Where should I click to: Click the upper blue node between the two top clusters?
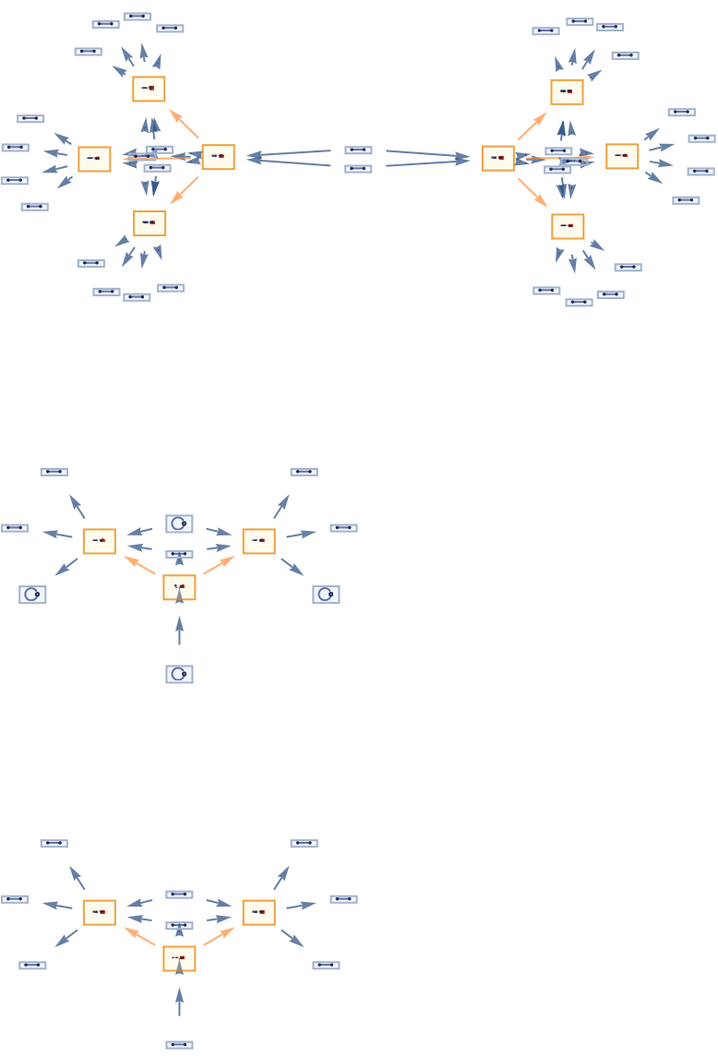pos(358,150)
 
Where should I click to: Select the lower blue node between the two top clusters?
pos(358,169)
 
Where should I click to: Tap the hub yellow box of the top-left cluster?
pos(218,157)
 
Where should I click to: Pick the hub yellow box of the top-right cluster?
pos(497,158)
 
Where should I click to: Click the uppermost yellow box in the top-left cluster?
pos(149,89)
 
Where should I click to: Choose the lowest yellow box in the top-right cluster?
pos(568,226)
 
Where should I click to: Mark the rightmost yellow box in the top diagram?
pos(622,156)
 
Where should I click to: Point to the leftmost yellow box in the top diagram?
pos(94,159)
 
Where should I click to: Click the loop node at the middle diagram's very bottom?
pos(179,674)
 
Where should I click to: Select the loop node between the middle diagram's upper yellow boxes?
pos(179,524)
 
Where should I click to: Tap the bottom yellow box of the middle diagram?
pos(179,587)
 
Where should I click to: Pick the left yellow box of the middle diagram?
pos(99,541)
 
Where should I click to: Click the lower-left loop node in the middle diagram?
pos(32,595)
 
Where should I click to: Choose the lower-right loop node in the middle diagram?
pos(326,595)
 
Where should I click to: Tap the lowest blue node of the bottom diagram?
pos(179,1045)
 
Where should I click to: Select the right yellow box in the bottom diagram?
pos(258,912)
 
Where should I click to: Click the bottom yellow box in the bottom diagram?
pos(179,958)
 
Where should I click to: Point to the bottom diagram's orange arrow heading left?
pos(140,936)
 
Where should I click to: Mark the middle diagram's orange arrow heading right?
pos(219,565)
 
